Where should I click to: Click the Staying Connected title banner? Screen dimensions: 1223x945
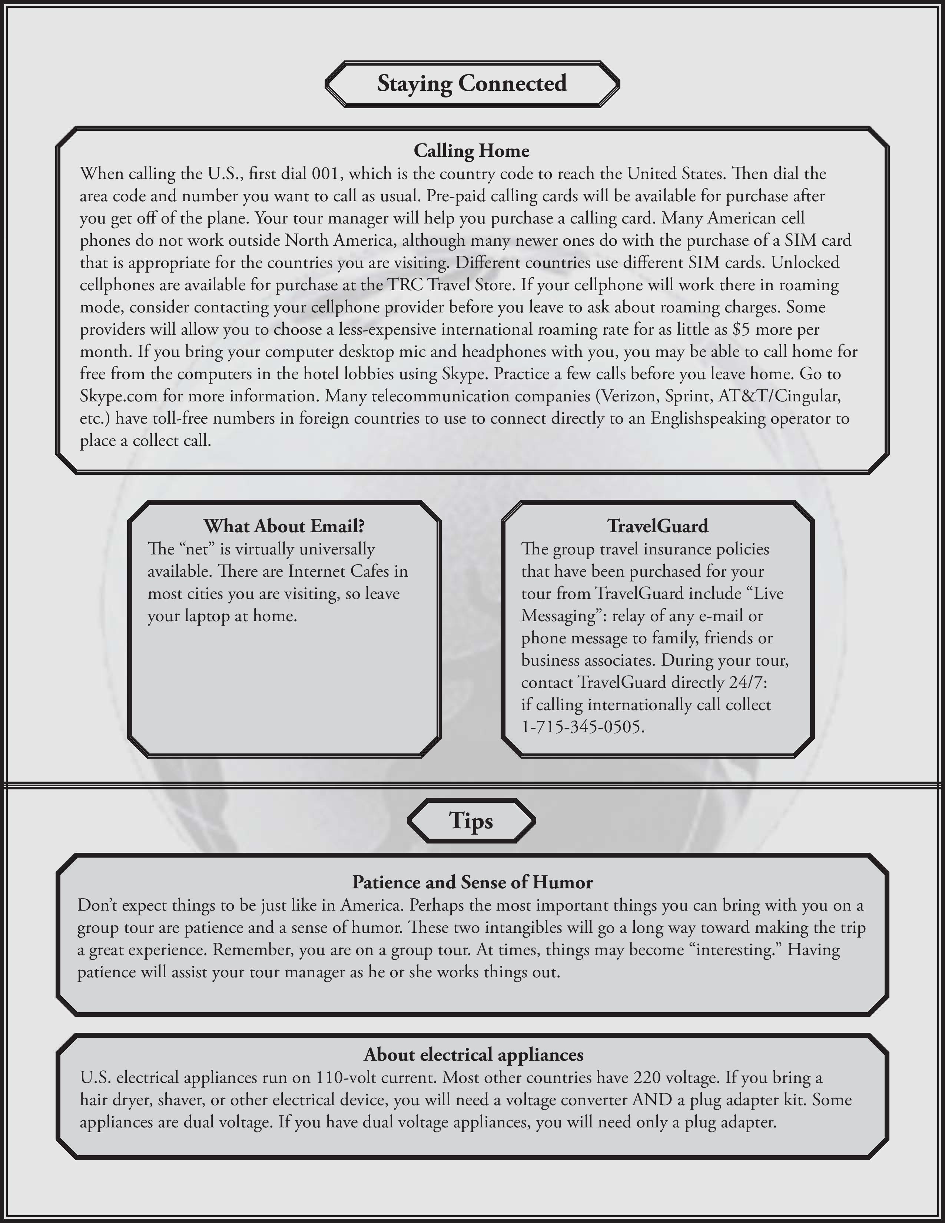pyautogui.click(x=472, y=83)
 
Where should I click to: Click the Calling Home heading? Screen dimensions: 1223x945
pyautogui.click(x=471, y=150)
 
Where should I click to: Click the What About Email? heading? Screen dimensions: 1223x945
pyautogui.click(x=284, y=526)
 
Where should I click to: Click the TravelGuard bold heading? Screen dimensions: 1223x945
pyautogui.click(x=657, y=526)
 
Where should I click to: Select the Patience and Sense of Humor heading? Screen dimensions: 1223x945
pyautogui.click(x=472, y=882)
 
